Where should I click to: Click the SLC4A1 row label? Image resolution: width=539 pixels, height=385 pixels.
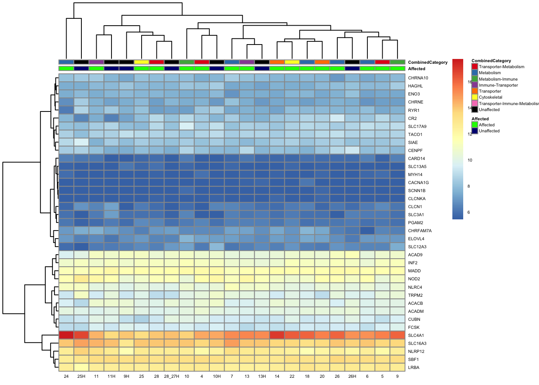(x=416, y=335)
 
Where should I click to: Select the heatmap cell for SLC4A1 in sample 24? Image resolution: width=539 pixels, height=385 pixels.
(x=66, y=335)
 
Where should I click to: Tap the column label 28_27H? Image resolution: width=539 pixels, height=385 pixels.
(x=172, y=377)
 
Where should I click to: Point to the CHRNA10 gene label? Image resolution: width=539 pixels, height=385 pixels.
(x=418, y=78)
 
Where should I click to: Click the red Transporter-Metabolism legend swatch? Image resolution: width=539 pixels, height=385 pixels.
(x=475, y=67)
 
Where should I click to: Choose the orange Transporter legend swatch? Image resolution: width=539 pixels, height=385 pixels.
(x=475, y=91)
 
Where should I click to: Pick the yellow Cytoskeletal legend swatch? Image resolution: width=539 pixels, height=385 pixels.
(x=475, y=97)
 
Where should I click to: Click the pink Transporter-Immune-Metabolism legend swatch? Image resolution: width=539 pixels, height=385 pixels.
(x=475, y=103)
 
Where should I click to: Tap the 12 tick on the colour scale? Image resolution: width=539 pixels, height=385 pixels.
(x=470, y=134)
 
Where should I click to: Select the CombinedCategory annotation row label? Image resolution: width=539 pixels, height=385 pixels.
(x=428, y=62)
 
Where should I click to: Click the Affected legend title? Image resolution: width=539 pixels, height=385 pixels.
(x=480, y=119)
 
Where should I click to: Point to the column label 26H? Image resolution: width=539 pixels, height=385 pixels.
(x=352, y=377)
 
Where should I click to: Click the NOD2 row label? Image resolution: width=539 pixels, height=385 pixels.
(x=414, y=279)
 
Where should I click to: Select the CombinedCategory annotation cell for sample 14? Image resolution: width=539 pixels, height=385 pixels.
(x=277, y=62)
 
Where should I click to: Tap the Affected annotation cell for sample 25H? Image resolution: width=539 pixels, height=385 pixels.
(x=81, y=69)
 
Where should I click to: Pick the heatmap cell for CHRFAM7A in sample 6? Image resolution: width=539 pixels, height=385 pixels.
(x=367, y=231)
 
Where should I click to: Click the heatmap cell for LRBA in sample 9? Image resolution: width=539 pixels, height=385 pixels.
(x=397, y=367)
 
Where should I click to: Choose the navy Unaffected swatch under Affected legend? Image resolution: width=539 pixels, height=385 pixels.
(x=475, y=131)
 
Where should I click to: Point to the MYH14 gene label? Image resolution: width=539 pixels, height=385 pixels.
(x=415, y=174)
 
